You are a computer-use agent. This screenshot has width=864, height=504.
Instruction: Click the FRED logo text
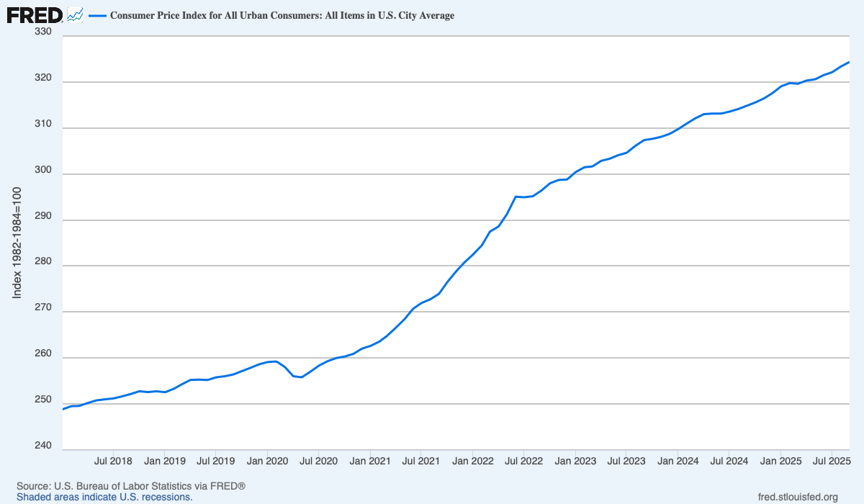[x=35, y=14]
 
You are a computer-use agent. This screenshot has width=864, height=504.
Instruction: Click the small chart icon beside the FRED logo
[x=75, y=14]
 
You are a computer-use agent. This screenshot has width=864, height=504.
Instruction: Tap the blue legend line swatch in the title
[x=97, y=15]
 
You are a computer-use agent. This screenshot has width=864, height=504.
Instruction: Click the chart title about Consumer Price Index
[x=282, y=15]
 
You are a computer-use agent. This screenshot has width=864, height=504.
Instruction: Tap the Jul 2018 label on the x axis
[x=112, y=461]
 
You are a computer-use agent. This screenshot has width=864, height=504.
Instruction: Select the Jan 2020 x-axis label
[x=267, y=461]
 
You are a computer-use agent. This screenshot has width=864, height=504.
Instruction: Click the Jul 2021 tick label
[x=420, y=461]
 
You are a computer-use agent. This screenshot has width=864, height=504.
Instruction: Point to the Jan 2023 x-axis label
[x=575, y=461]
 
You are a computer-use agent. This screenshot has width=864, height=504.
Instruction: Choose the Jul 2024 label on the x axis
[x=729, y=461]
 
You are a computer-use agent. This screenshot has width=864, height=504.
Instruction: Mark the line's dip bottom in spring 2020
[x=301, y=377]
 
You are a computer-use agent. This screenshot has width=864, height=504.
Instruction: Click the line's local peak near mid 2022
[x=516, y=196]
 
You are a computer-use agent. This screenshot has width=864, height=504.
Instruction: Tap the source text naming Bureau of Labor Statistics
[x=131, y=487]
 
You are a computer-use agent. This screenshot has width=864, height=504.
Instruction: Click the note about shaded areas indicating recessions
[x=104, y=497]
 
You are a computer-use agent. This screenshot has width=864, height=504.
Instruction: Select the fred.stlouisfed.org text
[x=798, y=497]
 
